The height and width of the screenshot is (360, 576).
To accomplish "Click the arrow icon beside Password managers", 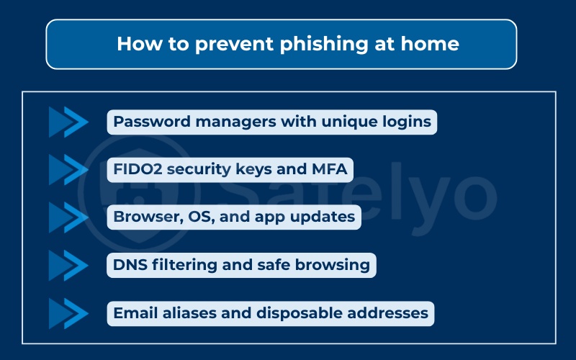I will click(x=68, y=122).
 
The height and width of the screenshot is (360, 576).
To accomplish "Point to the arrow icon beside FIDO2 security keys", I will click(x=68, y=170).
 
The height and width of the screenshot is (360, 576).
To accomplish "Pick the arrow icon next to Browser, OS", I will click(x=68, y=217).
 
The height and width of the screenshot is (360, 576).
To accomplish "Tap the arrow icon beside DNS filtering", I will click(x=68, y=266).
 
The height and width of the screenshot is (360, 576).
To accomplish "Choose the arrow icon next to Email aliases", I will click(x=68, y=314).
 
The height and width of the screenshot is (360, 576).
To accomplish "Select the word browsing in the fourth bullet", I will click(x=336, y=266).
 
